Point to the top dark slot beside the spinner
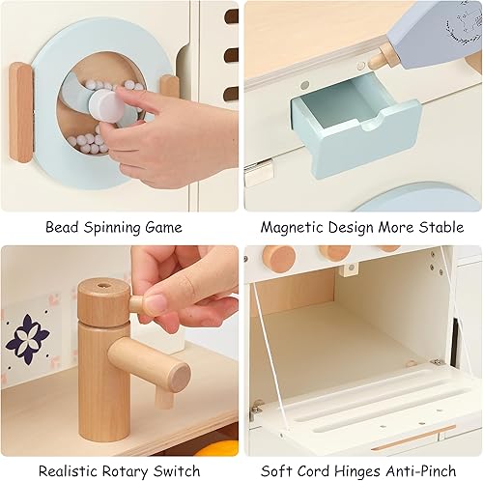click(232, 16)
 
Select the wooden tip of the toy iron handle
click(383, 56)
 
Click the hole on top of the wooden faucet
click(103, 287)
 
